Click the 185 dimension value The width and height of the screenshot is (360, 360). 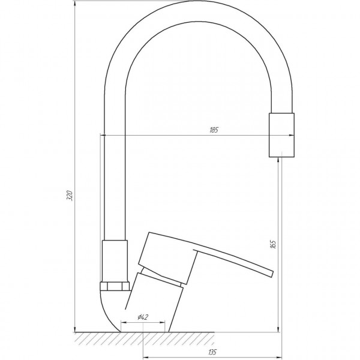[x=214, y=130]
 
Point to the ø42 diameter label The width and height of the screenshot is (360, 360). [x=143, y=317]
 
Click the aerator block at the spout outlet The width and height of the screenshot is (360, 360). [x=281, y=135]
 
